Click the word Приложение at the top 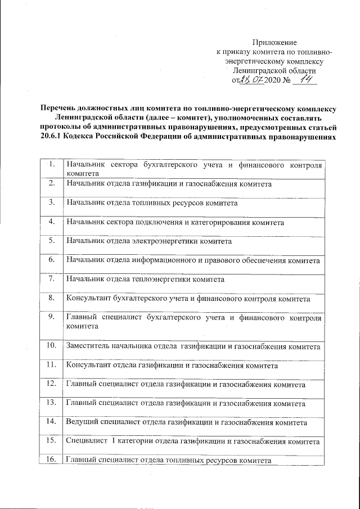tap(274, 42)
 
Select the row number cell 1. tap(52, 164)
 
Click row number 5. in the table tap(52, 241)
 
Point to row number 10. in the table tap(51, 344)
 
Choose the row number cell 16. tap(51, 460)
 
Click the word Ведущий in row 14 tap(83, 421)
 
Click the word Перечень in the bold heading tap(58, 109)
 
